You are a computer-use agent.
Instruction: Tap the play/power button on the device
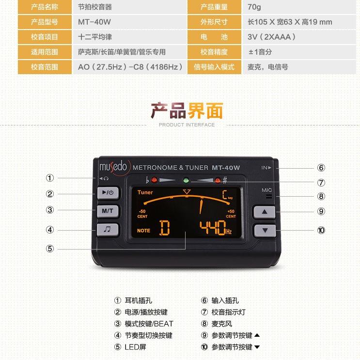click(108, 192)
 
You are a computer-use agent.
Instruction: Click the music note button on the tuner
click(108, 229)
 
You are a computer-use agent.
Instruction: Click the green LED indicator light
click(186, 180)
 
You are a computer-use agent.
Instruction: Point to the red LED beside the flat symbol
click(154, 180)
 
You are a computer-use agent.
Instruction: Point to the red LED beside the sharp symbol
click(218, 180)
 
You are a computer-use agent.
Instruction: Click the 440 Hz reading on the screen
click(215, 228)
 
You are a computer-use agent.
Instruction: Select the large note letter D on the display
click(165, 228)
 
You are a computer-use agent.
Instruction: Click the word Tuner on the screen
click(145, 192)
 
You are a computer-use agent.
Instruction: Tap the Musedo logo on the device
click(113, 167)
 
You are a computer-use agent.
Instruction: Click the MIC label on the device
click(267, 190)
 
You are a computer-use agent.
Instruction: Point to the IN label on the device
click(266, 168)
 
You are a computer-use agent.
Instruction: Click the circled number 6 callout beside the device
click(321, 168)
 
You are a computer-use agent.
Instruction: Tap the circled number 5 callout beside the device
click(50, 249)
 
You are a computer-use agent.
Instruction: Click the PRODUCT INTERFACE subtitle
click(187, 125)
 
